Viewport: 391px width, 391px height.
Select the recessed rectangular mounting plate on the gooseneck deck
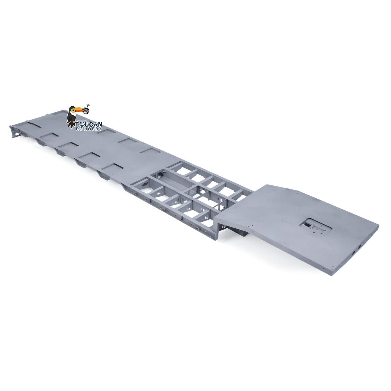click(x=316, y=227)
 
